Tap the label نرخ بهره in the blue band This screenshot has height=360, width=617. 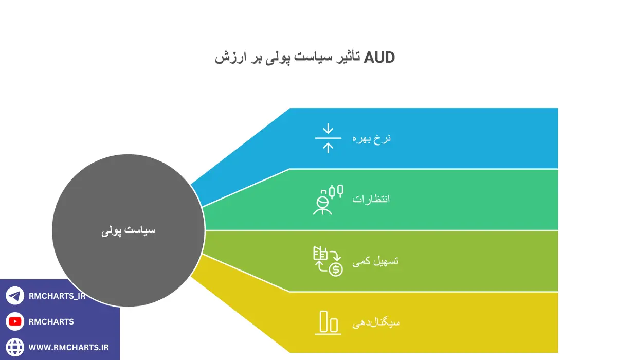[371, 138]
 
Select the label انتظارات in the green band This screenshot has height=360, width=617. [371, 199]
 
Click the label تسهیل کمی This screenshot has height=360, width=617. [375, 261]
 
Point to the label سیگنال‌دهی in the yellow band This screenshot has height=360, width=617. [376, 322]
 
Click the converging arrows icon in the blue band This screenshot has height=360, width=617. [328, 138]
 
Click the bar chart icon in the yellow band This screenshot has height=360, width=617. [328, 322]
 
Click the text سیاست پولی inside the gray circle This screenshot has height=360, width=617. [128, 230]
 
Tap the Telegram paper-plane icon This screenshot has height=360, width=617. [15, 296]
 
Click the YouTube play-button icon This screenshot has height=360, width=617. [15, 321]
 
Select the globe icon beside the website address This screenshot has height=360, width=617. [15, 347]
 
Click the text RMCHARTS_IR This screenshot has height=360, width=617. [57, 296]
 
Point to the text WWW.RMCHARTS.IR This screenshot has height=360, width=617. [68, 347]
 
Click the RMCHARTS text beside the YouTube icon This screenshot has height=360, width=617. [51, 321]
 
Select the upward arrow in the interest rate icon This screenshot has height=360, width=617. [328, 148]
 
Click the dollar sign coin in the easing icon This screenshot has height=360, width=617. [336, 269]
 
